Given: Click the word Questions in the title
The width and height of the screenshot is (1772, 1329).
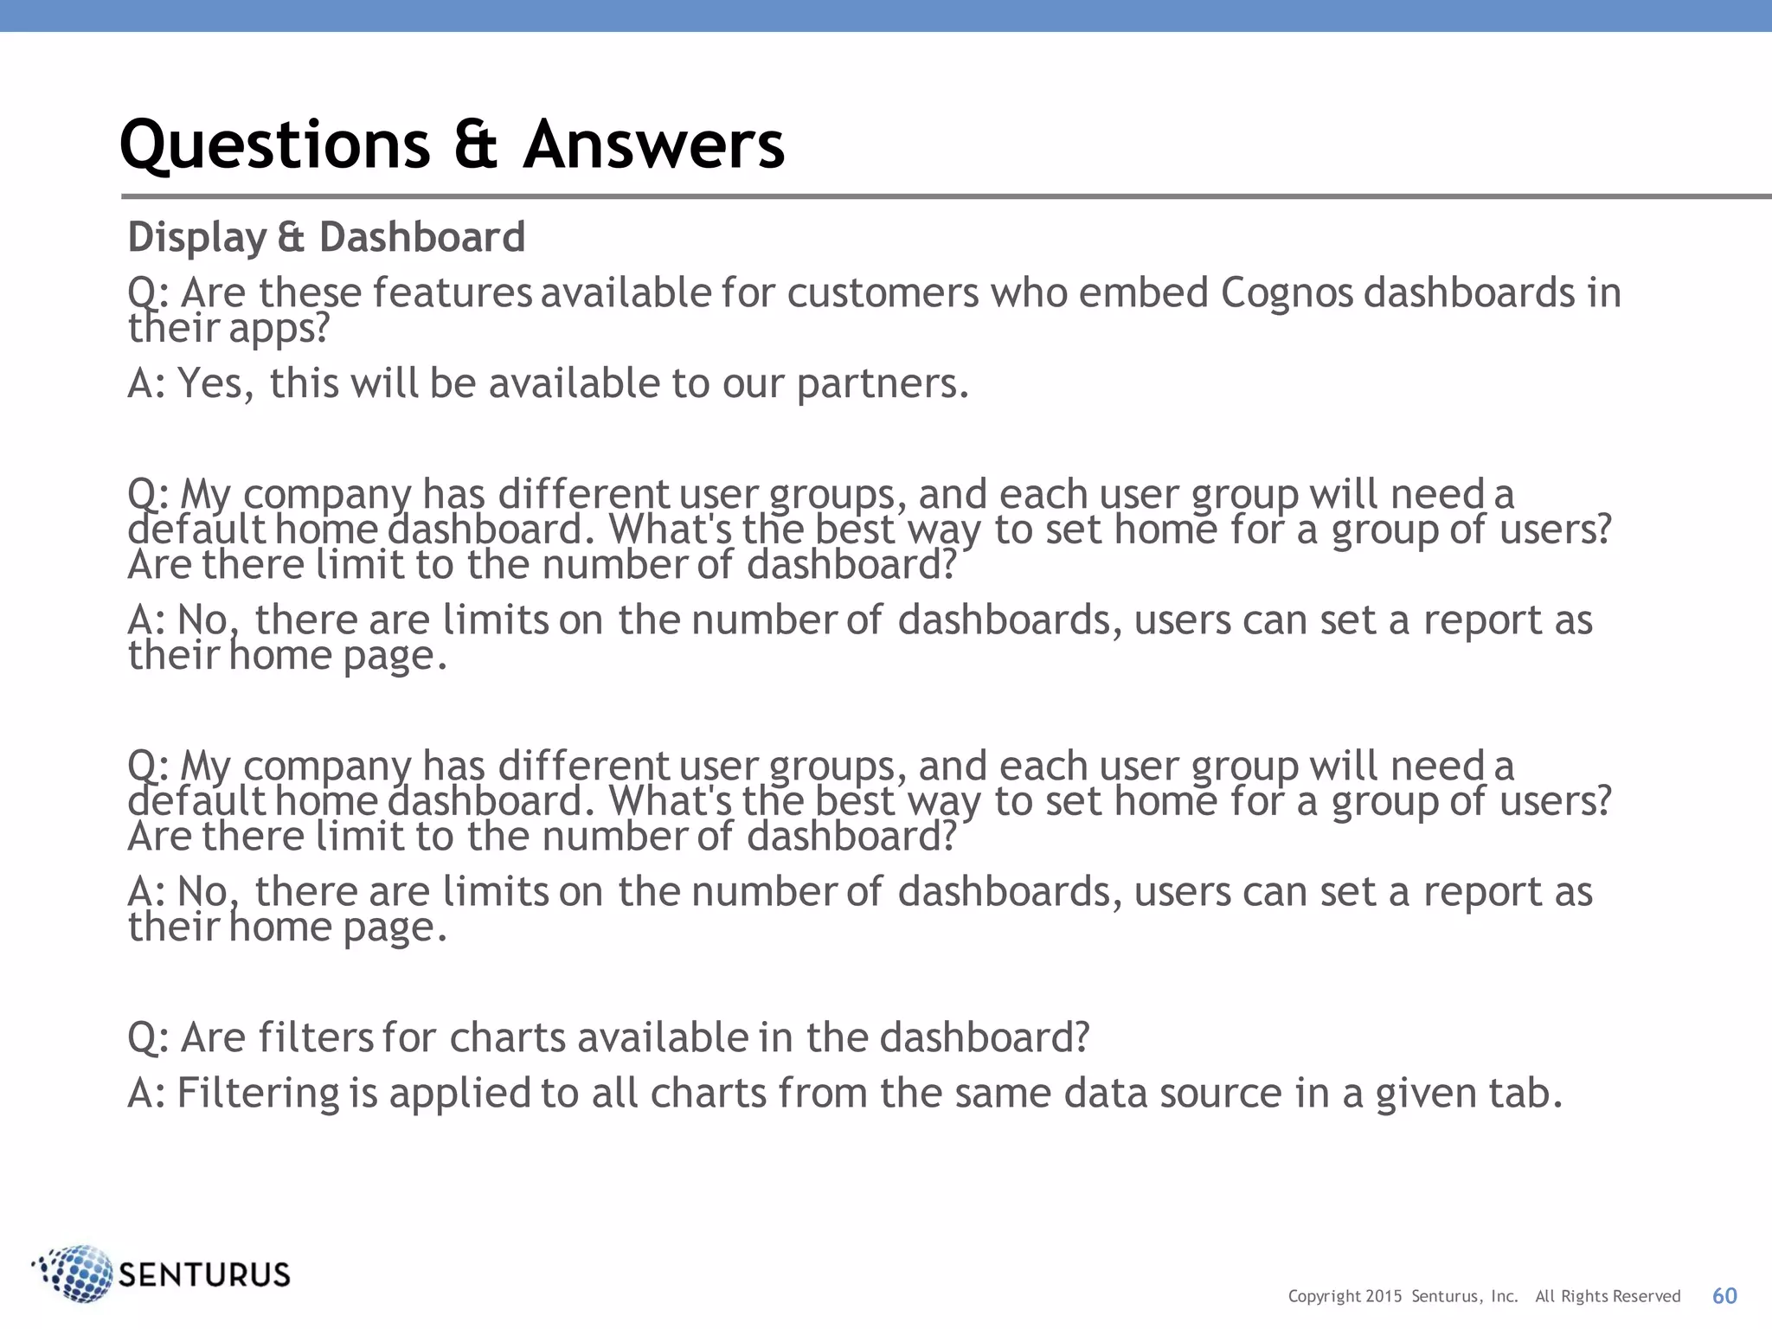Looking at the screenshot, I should click(274, 145).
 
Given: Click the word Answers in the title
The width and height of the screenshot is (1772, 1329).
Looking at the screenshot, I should click(654, 145).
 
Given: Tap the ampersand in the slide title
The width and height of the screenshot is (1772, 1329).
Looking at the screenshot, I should click(475, 145).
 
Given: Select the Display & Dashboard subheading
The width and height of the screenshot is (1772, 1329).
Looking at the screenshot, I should click(326, 237).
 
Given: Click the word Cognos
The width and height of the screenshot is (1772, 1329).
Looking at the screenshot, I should click(1287, 293).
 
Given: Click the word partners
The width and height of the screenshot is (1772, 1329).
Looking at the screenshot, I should click(883, 384).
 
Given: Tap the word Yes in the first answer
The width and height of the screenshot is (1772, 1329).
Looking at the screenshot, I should click(215, 384).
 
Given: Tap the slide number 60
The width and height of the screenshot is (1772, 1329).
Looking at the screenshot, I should click(1724, 1295).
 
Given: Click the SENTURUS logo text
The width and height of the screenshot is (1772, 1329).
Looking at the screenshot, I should click(204, 1275).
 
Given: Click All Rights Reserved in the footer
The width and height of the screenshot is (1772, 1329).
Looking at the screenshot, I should click(1608, 1296).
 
